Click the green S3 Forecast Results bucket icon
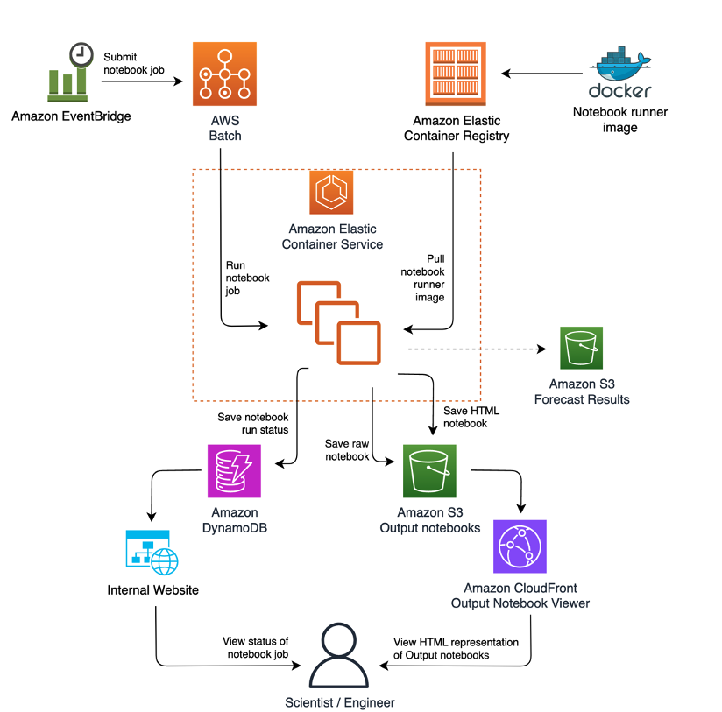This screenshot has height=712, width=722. (x=582, y=349)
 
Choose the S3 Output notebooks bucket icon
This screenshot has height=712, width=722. (x=429, y=471)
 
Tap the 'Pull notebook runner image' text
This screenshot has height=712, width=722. (x=423, y=278)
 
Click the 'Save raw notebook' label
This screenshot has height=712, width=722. (x=347, y=450)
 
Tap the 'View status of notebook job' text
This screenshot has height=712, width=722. (x=255, y=649)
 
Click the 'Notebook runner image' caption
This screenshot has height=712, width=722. (x=619, y=120)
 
